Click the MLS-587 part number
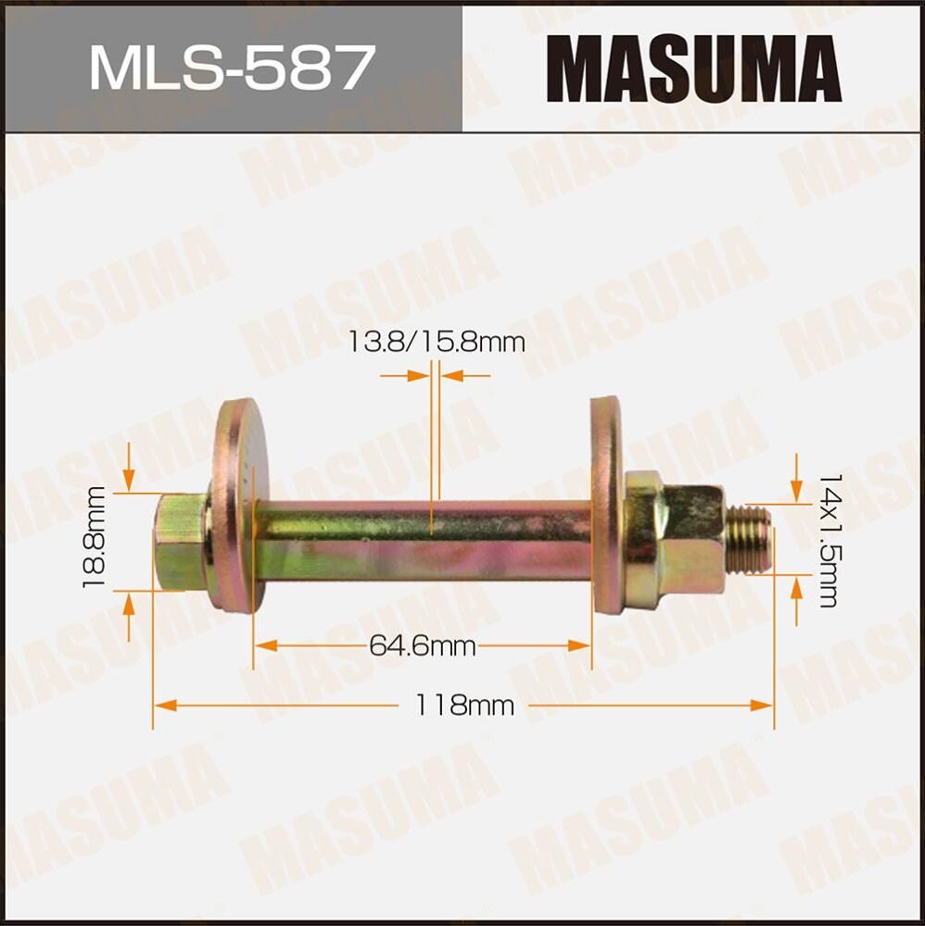[x=231, y=67]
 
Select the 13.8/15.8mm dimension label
[x=437, y=342]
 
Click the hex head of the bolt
[x=180, y=542]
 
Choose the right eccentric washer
[x=607, y=505]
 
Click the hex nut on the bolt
[x=675, y=540]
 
